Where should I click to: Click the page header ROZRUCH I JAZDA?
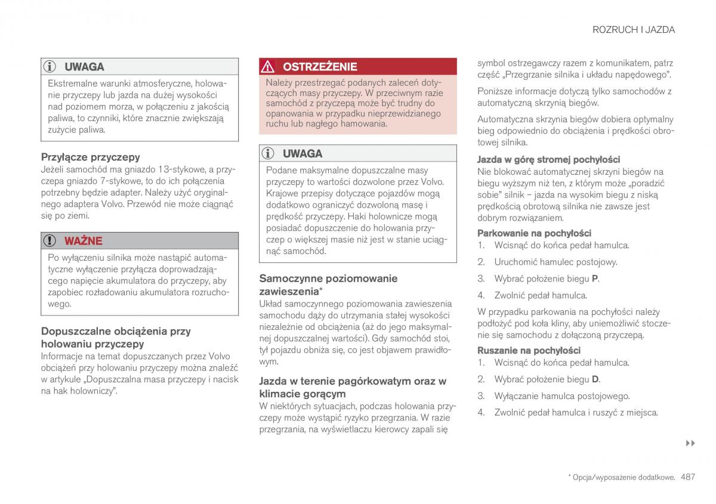(634, 29)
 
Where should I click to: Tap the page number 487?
(688, 477)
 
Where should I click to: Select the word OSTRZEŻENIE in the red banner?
(320, 67)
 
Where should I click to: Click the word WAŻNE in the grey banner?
(83, 241)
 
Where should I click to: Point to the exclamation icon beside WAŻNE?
(51, 241)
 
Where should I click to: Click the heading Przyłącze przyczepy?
(90, 157)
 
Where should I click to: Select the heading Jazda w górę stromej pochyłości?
(548, 159)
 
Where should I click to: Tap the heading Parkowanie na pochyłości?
(534, 233)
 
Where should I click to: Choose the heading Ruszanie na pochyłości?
(529, 350)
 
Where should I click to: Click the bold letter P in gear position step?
(594, 279)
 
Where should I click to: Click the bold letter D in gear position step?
(595, 379)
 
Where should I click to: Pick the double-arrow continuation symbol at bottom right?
(690, 444)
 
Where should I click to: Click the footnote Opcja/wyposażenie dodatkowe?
(623, 478)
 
